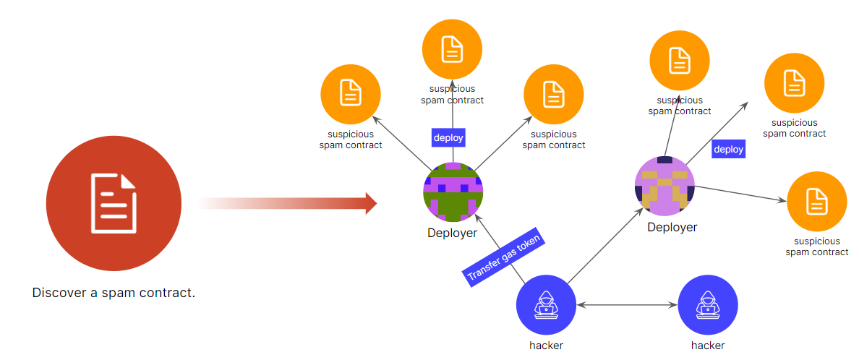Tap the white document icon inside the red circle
tap(114, 203)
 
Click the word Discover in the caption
tap(56, 293)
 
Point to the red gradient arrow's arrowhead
tap(371, 204)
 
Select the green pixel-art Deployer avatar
tap(453, 192)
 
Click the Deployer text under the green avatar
tap(452, 233)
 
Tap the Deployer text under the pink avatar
tap(672, 227)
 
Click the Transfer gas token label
tap(503, 259)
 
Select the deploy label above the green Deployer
tap(448, 137)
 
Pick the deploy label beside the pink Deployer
tap(728, 150)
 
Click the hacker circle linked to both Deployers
tap(546, 306)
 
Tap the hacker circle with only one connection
tap(708, 306)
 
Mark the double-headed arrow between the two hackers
tap(627, 306)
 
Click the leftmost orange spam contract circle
tap(351, 94)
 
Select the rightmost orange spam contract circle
tap(816, 201)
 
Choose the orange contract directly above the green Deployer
tap(452, 49)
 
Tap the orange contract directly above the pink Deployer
tap(680, 61)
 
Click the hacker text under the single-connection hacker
tap(708, 346)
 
